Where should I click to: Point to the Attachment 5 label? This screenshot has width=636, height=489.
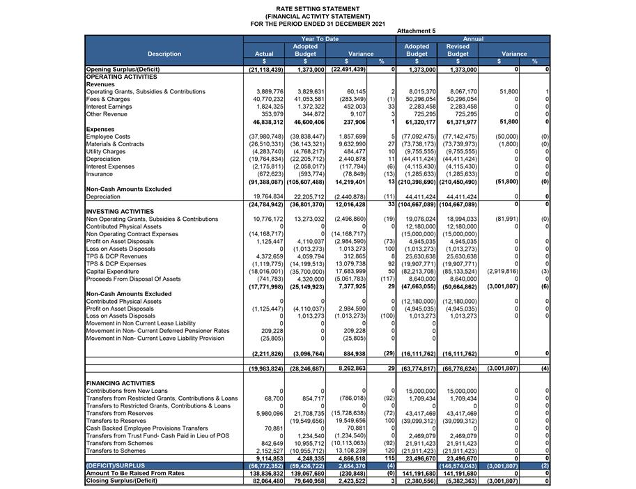[x=416, y=31]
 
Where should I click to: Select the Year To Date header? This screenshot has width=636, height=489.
[x=320, y=39]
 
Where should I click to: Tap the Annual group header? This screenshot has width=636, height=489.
[x=473, y=39]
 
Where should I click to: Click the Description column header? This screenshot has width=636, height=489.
[x=164, y=54]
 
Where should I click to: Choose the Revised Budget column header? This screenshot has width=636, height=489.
[x=458, y=50]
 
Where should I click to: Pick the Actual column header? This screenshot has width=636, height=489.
[x=264, y=54]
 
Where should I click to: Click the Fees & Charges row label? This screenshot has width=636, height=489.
[x=108, y=100]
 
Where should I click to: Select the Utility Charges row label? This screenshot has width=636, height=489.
[x=106, y=151]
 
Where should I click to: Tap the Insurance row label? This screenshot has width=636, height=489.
[x=100, y=173]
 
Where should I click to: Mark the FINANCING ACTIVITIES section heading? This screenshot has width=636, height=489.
[x=120, y=383]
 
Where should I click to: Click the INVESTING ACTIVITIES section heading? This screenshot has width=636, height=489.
[x=120, y=211]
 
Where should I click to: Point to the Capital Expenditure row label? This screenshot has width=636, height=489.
[x=114, y=271]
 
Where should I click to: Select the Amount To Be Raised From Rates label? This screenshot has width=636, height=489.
[x=134, y=473]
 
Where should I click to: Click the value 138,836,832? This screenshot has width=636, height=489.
[x=265, y=473]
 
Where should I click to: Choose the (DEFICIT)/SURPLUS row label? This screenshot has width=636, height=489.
[x=116, y=465]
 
